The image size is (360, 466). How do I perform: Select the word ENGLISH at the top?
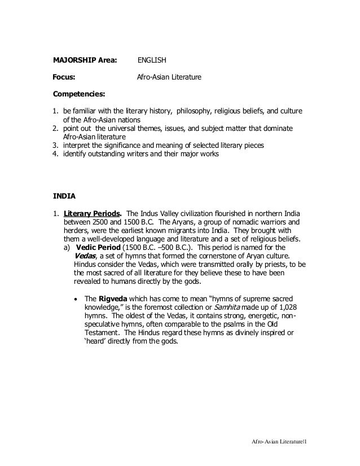(x=152, y=59)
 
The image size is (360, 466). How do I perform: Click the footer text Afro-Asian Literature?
(x=277, y=439)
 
